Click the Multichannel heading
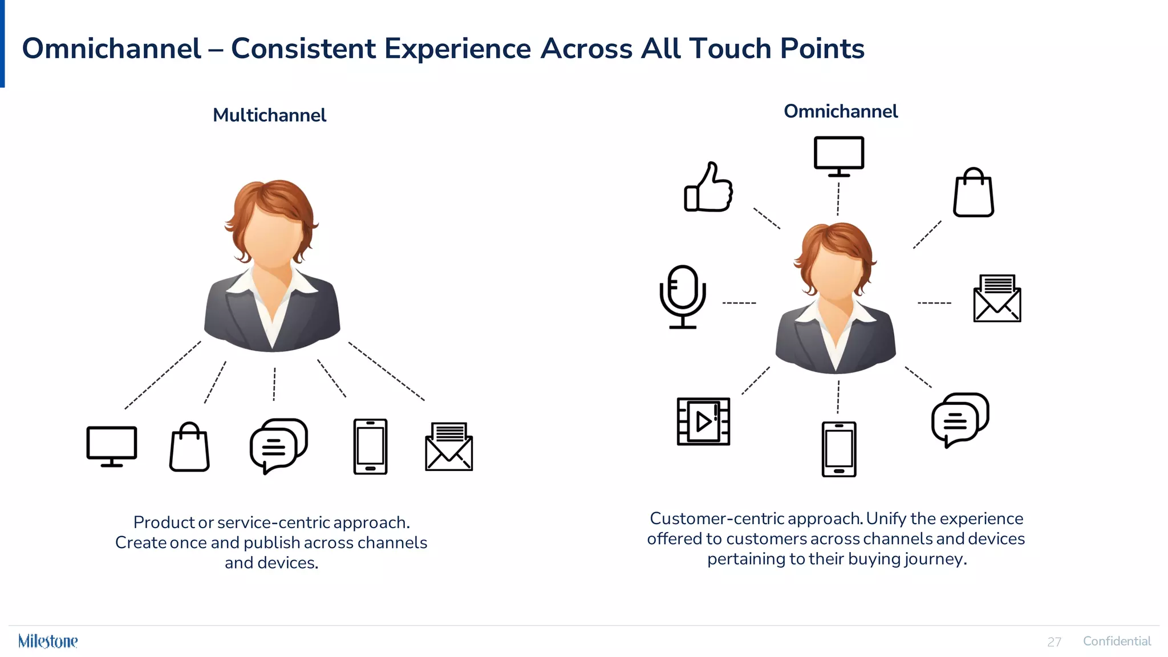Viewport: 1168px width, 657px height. pos(269,115)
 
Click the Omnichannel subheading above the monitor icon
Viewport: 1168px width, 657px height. pos(840,111)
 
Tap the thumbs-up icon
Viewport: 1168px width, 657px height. pos(708,188)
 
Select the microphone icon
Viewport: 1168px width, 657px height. pos(682,297)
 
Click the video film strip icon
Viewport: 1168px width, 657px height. pos(703,421)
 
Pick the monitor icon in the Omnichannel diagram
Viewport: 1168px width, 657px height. pos(838,155)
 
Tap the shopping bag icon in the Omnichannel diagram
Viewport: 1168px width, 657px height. pos(973,193)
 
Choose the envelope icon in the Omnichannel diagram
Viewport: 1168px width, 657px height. pos(996,299)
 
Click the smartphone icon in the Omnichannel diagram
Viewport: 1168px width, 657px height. pos(838,449)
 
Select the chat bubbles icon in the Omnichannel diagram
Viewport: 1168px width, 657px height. pos(959,419)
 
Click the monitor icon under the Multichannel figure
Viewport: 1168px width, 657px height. pos(112,446)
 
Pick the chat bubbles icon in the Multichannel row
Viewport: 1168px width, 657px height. pos(278,445)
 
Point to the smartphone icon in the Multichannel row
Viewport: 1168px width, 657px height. pos(370,447)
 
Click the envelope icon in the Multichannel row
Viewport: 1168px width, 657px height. pos(449,447)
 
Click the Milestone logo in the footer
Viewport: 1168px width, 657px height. pos(48,641)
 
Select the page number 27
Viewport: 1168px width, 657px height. pos(1054,642)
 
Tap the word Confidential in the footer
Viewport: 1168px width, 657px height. pos(1117,641)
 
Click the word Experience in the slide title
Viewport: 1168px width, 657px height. pos(457,48)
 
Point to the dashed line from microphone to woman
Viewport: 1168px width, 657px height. pos(739,303)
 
